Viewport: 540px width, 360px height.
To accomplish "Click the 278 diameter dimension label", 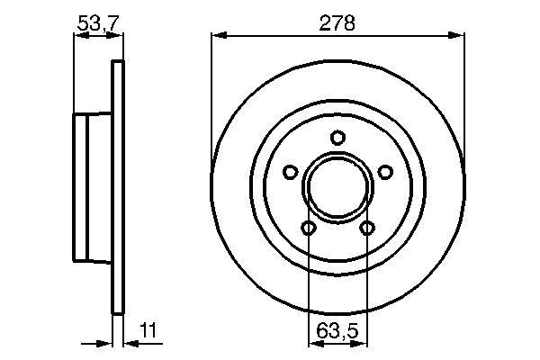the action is (x=337, y=23).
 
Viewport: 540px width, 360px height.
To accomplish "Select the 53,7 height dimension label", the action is (x=98, y=23).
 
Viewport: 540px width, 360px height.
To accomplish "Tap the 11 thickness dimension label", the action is (x=148, y=329).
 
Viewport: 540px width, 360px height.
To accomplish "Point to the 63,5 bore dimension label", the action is (x=337, y=331).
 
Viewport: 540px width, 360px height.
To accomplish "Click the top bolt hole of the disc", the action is (x=337, y=138).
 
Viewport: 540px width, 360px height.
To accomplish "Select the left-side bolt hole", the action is (x=291, y=172).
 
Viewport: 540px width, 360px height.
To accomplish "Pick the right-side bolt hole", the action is (x=385, y=172).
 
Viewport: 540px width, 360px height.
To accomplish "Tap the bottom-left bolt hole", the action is (x=308, y=228).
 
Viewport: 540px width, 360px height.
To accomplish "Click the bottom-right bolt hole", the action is (x=367, y=228).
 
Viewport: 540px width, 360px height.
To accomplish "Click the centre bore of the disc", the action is (x=337, y=187).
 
